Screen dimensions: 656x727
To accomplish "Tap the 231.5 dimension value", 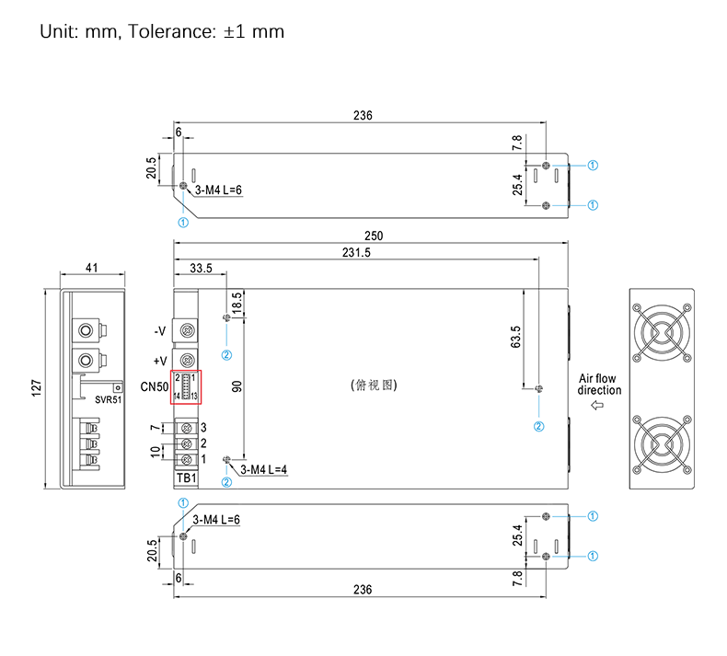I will [356, 253].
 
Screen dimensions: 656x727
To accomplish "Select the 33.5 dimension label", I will [201, 269].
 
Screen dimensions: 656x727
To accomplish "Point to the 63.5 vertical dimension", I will [515, 337].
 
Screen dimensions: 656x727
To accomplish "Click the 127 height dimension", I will [35, 389].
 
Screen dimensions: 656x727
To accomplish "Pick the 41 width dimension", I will [91, 268].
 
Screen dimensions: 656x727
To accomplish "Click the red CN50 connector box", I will [186, 387].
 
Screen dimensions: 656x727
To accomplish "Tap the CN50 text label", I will [154, 386].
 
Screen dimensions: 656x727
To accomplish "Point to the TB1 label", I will [186, 478].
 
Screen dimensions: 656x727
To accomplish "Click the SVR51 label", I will [109, 400].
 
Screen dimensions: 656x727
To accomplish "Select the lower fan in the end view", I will [660, 443].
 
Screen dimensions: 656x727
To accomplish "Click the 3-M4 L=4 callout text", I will [264, 469].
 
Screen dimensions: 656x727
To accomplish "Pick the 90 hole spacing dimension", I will [237, 387].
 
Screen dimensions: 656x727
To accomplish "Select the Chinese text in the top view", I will [374, 385].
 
